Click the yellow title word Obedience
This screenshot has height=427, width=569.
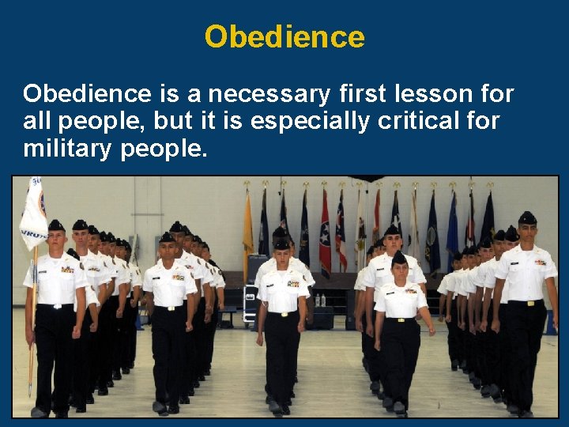click(x=284, y=36)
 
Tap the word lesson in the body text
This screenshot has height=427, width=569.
click(x=423, y=94)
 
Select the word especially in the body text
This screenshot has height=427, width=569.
click(x=326, y=122)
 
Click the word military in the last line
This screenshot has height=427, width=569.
click(x=68, y=149)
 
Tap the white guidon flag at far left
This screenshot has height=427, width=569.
click(x=33, y=213)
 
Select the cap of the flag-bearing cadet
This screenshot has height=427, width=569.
click(x=56, y=226)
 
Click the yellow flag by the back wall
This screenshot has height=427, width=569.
click(x=248, y=229)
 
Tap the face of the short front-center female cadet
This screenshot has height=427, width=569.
click(x=400, y=273)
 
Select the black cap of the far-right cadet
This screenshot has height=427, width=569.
click(x=527, y=218)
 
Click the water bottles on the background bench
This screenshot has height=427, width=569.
click(x=320, y=300)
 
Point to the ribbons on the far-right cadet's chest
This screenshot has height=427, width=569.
click(x=541, y=262)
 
